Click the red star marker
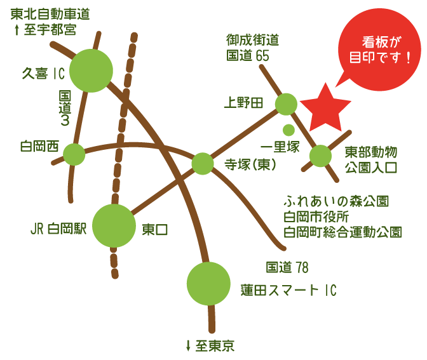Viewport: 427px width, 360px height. (x=325, y=107)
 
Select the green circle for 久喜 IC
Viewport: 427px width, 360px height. (x=91, y=70)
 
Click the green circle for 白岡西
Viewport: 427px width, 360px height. (x=74, y=154)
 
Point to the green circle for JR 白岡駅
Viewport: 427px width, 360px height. (x=114, y=225)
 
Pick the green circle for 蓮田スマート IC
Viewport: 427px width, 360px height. (x=208, y=283)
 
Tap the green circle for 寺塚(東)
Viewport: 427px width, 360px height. (x=203, y=163)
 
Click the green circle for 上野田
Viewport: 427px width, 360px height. (x=286, y=104)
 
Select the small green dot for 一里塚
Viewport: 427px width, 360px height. (x=288, y=130)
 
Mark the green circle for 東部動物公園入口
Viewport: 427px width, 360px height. (x=320, y=156)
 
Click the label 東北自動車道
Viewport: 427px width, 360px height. (x=50, y=13)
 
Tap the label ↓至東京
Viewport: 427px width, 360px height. (x=210, y=346)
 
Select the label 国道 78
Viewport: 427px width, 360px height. (x=287, y=267)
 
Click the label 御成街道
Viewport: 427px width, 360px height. (x=252, y=39)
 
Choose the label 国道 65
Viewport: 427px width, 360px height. (x=248, y=55)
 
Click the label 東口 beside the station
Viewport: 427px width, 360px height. (x=155, y=230)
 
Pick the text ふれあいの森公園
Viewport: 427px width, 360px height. (x=336, y=202)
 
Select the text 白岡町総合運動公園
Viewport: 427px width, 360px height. (x=342, y=232)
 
